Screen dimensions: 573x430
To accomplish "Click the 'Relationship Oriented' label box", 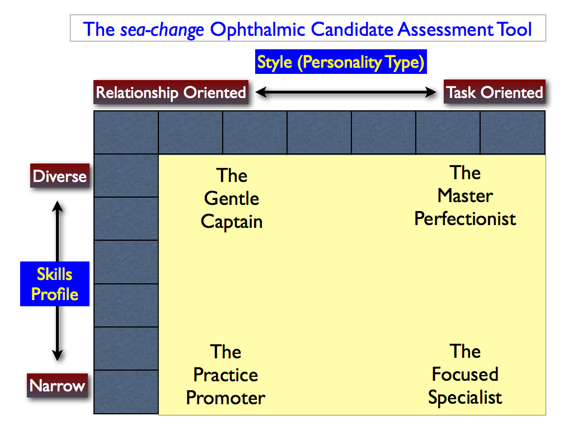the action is [171, 92].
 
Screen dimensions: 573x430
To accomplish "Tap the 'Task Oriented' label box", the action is [495, 92].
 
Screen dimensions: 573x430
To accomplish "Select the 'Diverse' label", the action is [60, 176].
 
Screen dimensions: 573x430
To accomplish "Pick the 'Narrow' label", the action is [58, 385].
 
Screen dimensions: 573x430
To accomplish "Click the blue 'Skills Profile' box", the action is [55, 284].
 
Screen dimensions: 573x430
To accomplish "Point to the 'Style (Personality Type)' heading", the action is [341, 62].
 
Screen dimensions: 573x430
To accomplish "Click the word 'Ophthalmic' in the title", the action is [257, 29].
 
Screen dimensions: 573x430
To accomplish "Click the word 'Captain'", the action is [232, 222].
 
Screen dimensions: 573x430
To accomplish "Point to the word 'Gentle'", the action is [232, 199].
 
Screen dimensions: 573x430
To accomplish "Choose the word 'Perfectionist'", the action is [465, 219].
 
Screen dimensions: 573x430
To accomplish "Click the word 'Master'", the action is [465, 195].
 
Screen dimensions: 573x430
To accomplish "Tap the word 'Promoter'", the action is [226, 398].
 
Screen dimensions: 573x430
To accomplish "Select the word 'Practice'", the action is [226, 375].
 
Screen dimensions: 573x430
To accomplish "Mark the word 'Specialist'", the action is [465, 398].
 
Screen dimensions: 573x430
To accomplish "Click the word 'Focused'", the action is [465, 374].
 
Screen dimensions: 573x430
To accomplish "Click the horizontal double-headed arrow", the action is [346, 92].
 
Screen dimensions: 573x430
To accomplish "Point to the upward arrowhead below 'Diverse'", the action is [58, 206].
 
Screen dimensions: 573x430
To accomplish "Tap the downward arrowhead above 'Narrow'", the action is [58, 355].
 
